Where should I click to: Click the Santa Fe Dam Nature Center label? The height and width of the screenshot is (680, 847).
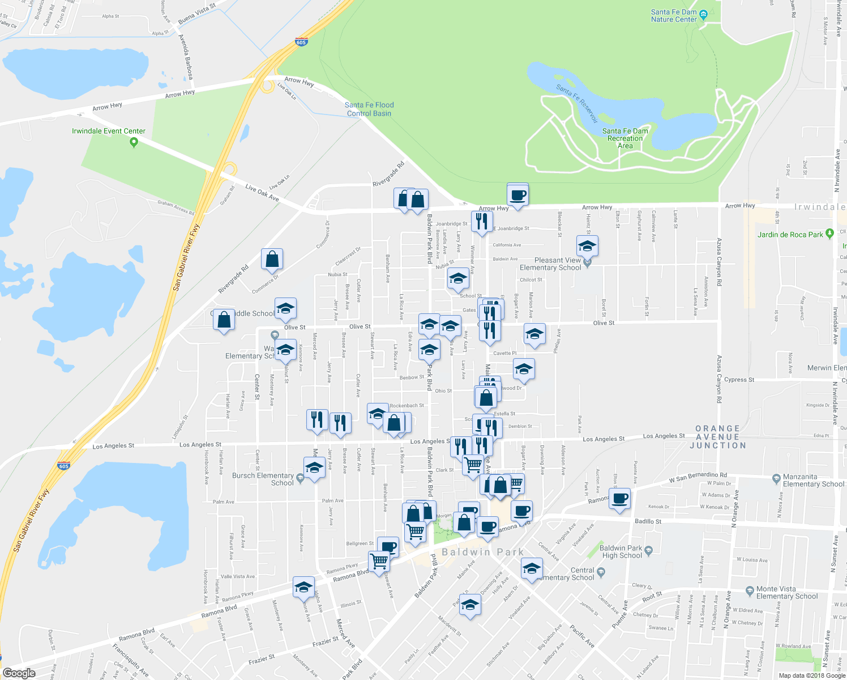coord(674,15)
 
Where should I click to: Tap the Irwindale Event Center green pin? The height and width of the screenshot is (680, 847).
coord(134,142)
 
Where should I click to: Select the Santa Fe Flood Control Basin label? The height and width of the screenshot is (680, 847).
coord(369,109)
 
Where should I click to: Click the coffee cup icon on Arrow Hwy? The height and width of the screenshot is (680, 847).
coord(517,195)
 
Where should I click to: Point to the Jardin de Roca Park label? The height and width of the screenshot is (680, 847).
coord(790,235)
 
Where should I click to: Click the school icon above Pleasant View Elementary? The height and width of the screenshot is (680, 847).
coord(587,246)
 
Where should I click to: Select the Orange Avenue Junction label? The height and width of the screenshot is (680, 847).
coord(717,437)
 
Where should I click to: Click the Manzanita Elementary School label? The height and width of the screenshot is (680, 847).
coord(813,481)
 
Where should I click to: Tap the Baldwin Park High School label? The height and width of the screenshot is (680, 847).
coord(621,551)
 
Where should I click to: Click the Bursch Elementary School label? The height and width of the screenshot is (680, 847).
coord(263,479)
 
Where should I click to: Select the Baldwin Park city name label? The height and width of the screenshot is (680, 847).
coord(482,552)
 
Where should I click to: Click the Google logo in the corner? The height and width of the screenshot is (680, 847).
coord(19,673)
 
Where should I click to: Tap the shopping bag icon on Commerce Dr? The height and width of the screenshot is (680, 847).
coord(272,259)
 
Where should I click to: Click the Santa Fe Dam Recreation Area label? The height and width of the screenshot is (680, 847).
coord(625,138)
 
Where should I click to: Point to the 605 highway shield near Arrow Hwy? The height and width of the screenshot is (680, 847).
coord(301,42)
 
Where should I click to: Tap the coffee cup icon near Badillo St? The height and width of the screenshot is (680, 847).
coord(620,499)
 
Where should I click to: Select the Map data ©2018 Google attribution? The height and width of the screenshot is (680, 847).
coord(811,675)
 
